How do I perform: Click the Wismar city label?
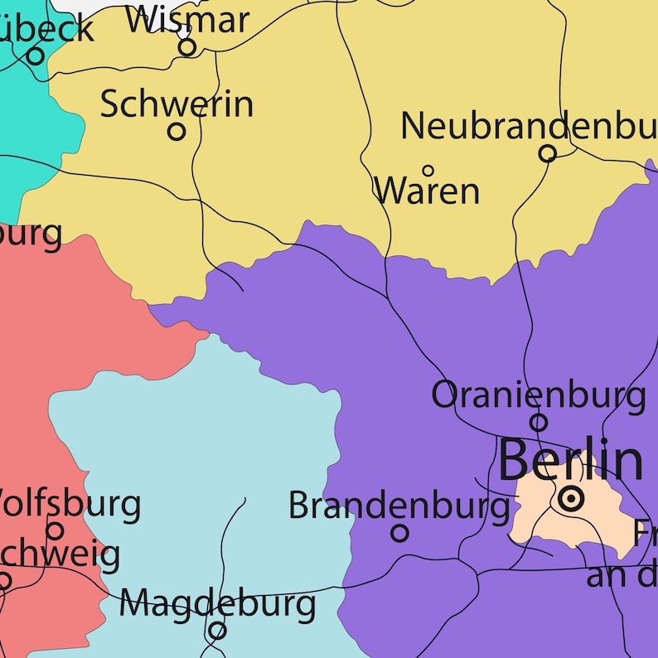tap(187, 18)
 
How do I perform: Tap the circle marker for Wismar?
tap(187, 47)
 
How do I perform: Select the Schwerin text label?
tap(177, 104)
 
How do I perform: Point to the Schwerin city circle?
tap(177, 131)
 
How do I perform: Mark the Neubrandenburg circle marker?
tap(547, 153)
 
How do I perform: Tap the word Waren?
tap(428, 191)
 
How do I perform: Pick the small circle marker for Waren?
tap(428, 171)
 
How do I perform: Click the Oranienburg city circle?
tap(539, 423)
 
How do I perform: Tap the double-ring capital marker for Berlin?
tap(571, 499)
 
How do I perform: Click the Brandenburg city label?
tap(399, 505)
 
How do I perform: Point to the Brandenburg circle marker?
tap(399, 533)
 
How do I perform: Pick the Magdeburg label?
tap(217, 603)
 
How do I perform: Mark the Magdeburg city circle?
tap(217, 631)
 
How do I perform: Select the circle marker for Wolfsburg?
tap(55, 530)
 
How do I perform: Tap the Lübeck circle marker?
tap(35, 56)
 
